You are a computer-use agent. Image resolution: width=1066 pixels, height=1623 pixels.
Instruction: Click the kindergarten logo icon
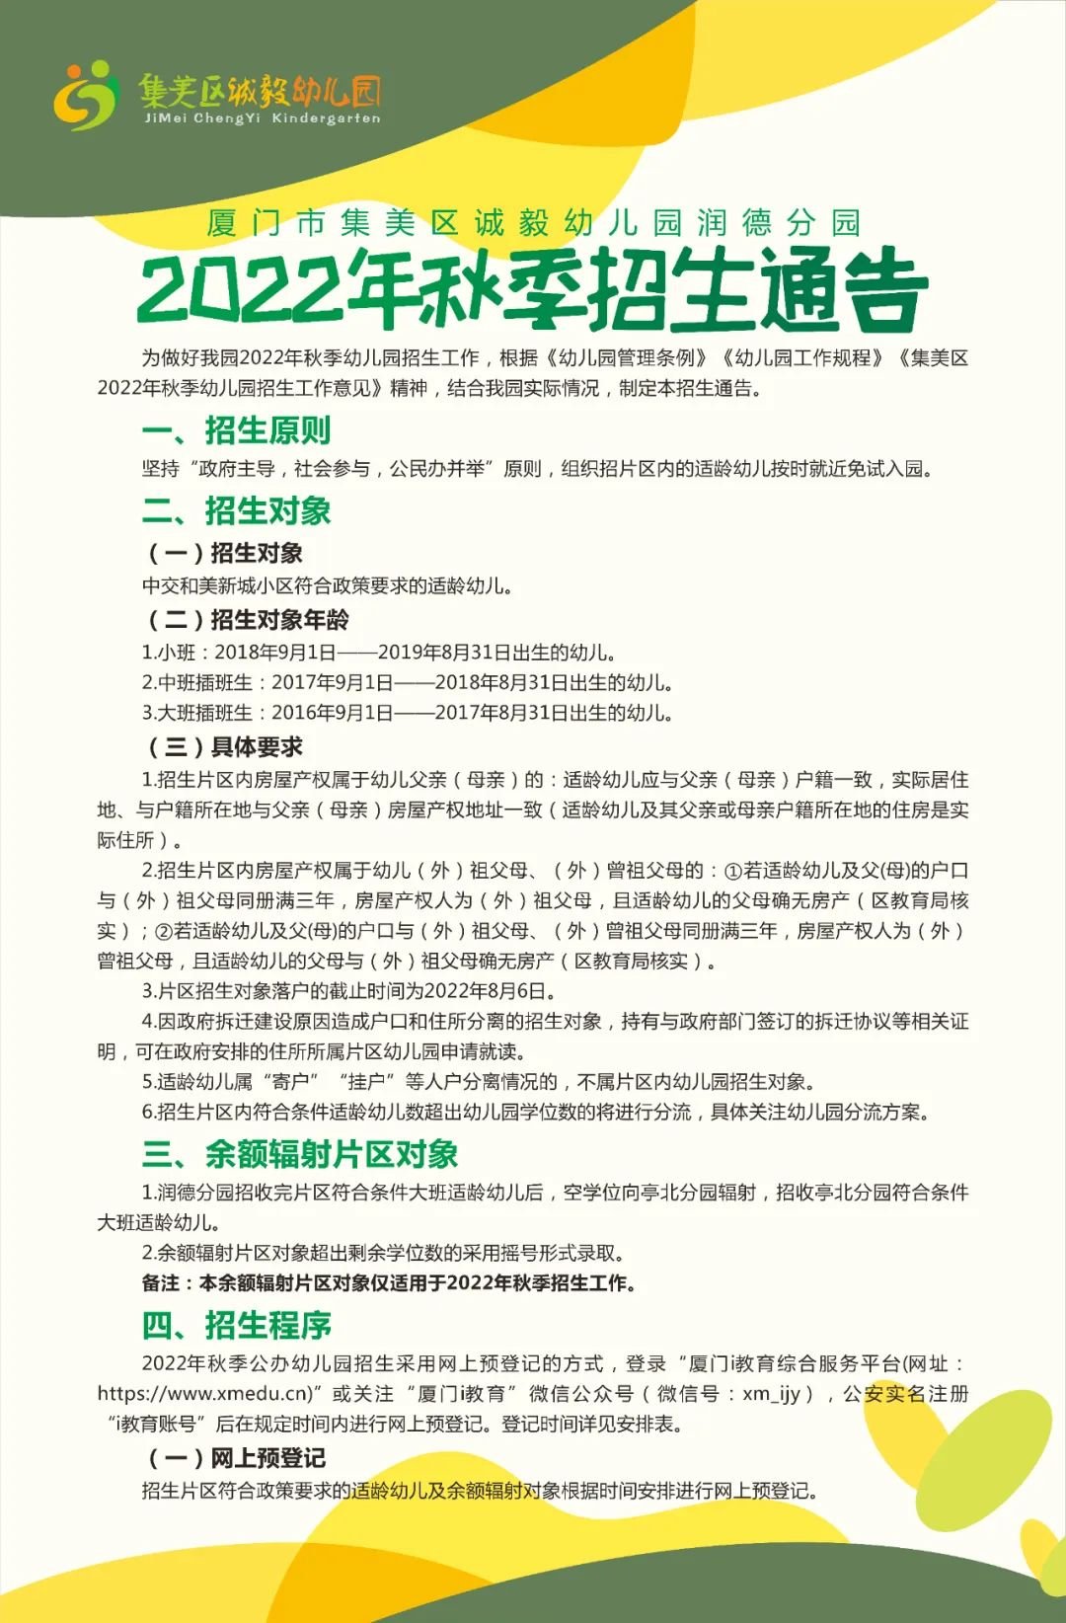(86, 95)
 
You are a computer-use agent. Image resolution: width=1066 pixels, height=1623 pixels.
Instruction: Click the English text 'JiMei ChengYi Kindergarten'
(262, 118)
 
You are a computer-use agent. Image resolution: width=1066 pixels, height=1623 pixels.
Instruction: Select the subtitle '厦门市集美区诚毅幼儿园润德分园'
(533, 222)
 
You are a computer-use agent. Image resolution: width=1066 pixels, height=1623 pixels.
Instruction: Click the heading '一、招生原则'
(237, 430)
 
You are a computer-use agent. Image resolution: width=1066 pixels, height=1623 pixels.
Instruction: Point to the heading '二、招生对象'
(237, 510)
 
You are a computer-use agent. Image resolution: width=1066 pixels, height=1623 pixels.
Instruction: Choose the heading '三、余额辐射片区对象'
(300, 1153)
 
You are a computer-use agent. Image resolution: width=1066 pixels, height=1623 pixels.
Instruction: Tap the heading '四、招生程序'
(237, 1324)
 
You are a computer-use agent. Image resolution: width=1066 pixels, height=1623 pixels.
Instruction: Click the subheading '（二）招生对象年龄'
(248, 619)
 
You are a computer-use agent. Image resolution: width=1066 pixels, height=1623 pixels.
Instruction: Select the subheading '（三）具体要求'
(225, 746)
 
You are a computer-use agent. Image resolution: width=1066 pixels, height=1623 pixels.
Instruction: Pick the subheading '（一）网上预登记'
(237, 1457)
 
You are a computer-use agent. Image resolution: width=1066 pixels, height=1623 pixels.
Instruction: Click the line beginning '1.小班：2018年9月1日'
(380, 652)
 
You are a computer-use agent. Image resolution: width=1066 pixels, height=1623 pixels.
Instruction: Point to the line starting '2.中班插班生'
(408, 682)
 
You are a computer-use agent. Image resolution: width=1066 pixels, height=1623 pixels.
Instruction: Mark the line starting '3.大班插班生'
(408, 713)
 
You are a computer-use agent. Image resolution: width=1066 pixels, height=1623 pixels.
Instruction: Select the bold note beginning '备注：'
(389, 1282)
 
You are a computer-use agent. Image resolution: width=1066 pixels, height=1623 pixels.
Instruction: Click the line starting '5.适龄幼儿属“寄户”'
(480, 1081)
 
